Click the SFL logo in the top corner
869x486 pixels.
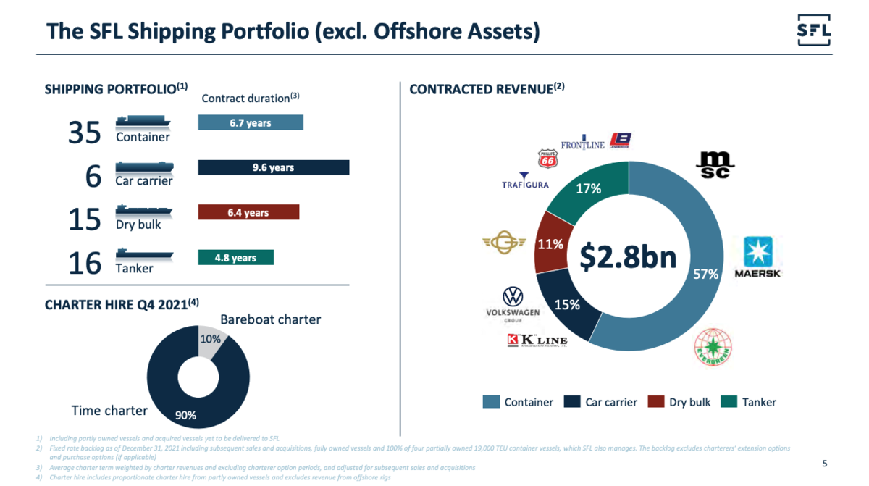813,30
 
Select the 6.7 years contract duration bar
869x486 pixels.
251,123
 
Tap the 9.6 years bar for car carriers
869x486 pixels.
273,168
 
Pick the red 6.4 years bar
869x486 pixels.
248,213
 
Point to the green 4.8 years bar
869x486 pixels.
235,258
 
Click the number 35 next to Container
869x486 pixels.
84,133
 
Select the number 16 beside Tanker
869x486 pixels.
84,264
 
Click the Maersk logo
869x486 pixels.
757,257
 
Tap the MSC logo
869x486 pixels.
715,164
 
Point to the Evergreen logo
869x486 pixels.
713,347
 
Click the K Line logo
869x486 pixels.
537,341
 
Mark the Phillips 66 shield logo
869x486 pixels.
547,159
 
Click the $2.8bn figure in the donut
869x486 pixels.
629,256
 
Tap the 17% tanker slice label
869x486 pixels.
588,189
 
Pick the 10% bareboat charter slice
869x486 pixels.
211,340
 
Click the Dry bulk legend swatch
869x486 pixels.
655,402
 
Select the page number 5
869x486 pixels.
824,464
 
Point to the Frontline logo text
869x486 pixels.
582,145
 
